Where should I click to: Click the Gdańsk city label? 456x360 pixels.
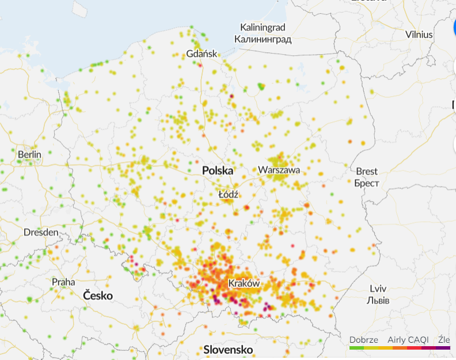(202, 54)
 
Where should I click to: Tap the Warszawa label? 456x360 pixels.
(279, 170)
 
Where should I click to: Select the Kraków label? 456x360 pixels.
(244, 283)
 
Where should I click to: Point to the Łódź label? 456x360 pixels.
(229, 194)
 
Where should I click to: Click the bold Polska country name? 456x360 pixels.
(218, 171)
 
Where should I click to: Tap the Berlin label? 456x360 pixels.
(29, 154)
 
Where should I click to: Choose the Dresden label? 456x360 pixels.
(41, 233)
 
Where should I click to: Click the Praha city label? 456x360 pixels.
(63, 282)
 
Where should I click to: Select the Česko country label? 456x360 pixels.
(98, 295)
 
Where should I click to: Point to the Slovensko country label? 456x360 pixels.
(228, 350)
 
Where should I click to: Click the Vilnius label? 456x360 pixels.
(419, 34)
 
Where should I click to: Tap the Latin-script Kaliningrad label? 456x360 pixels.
(263, 28)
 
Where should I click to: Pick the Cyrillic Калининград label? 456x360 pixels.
(263, 39)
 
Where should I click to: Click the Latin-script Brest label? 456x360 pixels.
(367, 171)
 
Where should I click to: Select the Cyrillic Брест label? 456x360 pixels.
(366, 183)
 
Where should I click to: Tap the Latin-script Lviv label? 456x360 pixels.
(378, 289)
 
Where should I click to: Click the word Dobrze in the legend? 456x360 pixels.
(363, 339)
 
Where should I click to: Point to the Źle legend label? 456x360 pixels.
(443, 339)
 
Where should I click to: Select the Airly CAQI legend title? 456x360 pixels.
(408, 339)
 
